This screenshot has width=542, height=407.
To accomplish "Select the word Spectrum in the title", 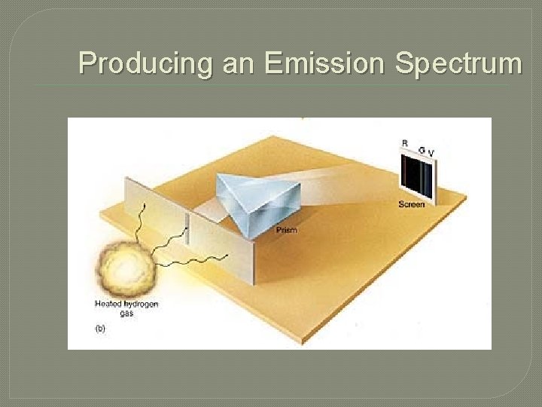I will [458, 63].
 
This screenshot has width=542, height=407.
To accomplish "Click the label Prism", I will [287, 230].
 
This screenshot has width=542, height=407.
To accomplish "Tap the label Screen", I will [412, 204].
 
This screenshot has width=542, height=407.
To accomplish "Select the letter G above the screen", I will [422, 149].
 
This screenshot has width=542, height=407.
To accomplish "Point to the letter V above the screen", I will [431, 153].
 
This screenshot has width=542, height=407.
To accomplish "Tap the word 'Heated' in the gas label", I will [108, 304].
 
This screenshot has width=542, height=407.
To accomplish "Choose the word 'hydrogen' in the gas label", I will [141, 304].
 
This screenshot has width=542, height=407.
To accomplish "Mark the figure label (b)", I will [100, 329].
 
